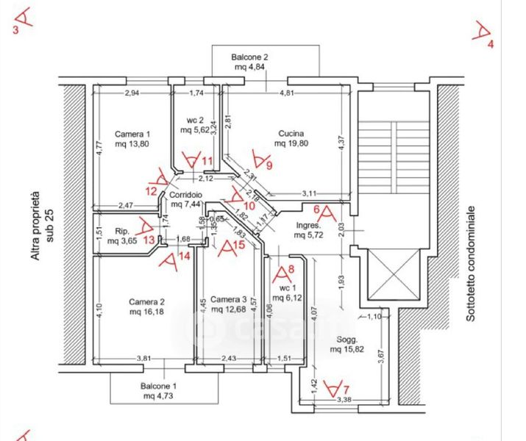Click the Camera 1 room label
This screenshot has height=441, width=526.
(132, 135)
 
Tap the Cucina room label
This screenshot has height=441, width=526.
(289, 134)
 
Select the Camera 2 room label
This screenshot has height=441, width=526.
(146, 302)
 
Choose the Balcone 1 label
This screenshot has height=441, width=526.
(159, 386)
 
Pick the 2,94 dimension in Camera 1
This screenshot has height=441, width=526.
(132, 93)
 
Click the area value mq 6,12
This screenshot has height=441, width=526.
(288, 298)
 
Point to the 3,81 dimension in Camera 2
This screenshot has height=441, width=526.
(144, 359)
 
